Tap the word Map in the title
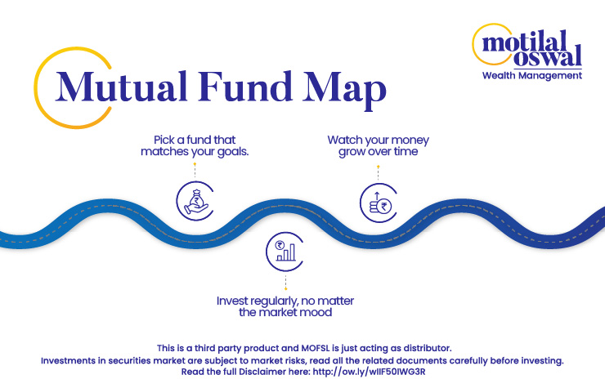point(344,90)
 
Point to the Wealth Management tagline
point(532,76)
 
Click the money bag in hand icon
point(195,201)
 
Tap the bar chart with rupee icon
point(285,252)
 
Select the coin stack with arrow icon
point(379,203)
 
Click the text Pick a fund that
point(195,140)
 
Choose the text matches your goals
point(195,152)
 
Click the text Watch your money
point(378,140)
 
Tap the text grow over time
point(378,152)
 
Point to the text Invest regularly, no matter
point(285,301)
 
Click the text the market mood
point(285,312)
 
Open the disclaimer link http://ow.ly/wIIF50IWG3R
point(369,372)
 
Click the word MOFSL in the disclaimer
point(316,348)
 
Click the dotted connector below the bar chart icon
point(285,282)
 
